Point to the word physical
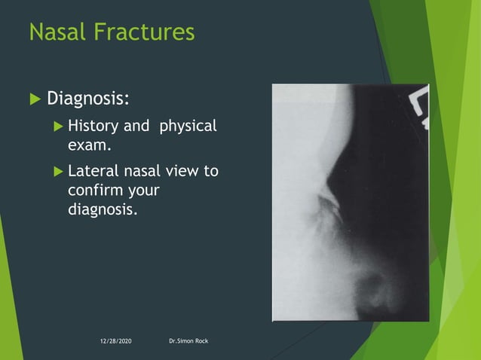point(188,126)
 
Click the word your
point(143,189)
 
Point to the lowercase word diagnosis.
point(103,207)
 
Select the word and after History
point(136,126)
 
